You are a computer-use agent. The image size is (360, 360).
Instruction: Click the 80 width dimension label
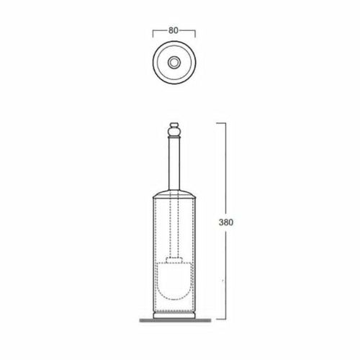pos(174,31)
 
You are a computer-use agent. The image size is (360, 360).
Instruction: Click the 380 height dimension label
pos(226,222)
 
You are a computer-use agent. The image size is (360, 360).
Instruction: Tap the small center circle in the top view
pos(174,63)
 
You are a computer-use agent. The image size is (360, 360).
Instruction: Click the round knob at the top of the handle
pos(174,131)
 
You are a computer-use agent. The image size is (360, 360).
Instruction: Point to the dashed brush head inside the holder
pos(174,281)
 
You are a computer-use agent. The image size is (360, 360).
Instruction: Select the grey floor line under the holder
pos(175,320)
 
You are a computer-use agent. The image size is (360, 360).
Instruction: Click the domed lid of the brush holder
pos(175,194)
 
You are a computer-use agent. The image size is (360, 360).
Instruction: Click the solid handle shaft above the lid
pos(174,164)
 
